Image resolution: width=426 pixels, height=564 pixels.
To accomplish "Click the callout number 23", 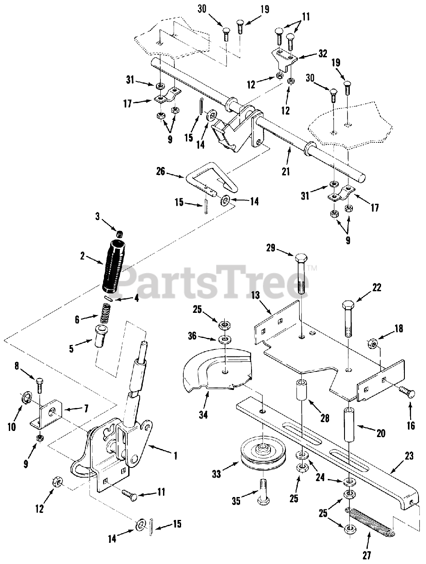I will pos(410,456).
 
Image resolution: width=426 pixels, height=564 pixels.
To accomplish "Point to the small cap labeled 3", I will pos(119,234).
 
